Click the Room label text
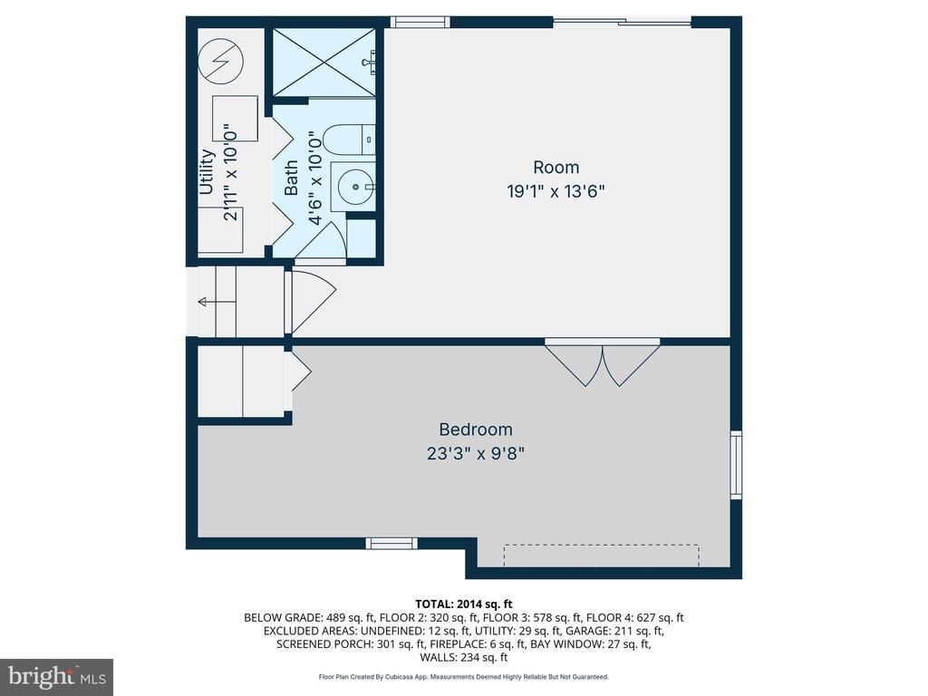[556, 168]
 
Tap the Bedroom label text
[476, 429]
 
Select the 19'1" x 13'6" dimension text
[556, 192]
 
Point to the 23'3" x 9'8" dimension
[476, 454]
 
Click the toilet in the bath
[351, 140]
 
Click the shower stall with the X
[324, 63]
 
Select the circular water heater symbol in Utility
[221, 61]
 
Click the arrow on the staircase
[217, 303]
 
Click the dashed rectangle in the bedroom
[602, 556]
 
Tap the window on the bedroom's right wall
[736, 465]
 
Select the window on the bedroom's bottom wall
[391, 544]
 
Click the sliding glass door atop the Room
[623, 23]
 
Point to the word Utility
[207, 171]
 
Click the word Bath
[291, 178]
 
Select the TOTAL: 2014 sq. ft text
[464, 604]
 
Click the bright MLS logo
[57, 676]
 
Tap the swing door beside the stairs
[310, 302]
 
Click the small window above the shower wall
[420, 23]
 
